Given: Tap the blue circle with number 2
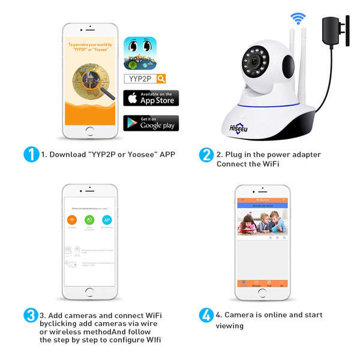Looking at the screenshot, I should (206, 154).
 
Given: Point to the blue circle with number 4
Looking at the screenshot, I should (206, 315).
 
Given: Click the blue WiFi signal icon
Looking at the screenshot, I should (298, 17).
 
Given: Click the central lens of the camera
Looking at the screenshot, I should (254, 62).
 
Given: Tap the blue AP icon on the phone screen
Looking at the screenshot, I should (107, 220).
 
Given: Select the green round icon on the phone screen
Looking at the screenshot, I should (89, 220).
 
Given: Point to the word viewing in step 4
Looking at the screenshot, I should (230, 326).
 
